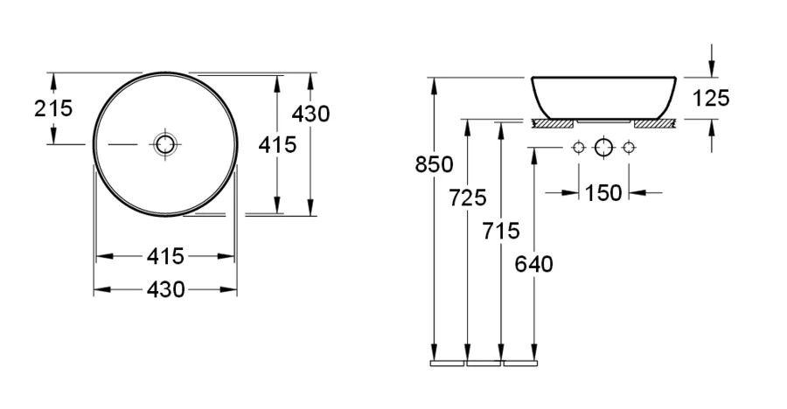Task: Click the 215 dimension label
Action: tap(53, 108)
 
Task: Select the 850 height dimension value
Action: tap(435, 163)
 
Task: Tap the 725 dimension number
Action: tap(469, 198)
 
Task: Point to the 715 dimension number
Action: tap(501, 231)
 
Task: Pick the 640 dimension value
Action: tap(534, 263)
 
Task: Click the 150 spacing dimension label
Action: tap(603, 192)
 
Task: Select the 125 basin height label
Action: tap(711, 98)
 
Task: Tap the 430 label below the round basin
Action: tap(165, 289)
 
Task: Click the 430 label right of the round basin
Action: tap(310, 113)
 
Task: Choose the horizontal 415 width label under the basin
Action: tap(165, 256)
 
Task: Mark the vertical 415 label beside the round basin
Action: tap(277, 144)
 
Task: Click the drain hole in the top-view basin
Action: tap(164, 143)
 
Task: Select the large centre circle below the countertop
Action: tap(602, 148)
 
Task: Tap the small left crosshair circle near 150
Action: tap(577, 148)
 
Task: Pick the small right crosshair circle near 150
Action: tap(628, 148)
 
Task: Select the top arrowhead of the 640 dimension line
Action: tap(533, 156)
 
